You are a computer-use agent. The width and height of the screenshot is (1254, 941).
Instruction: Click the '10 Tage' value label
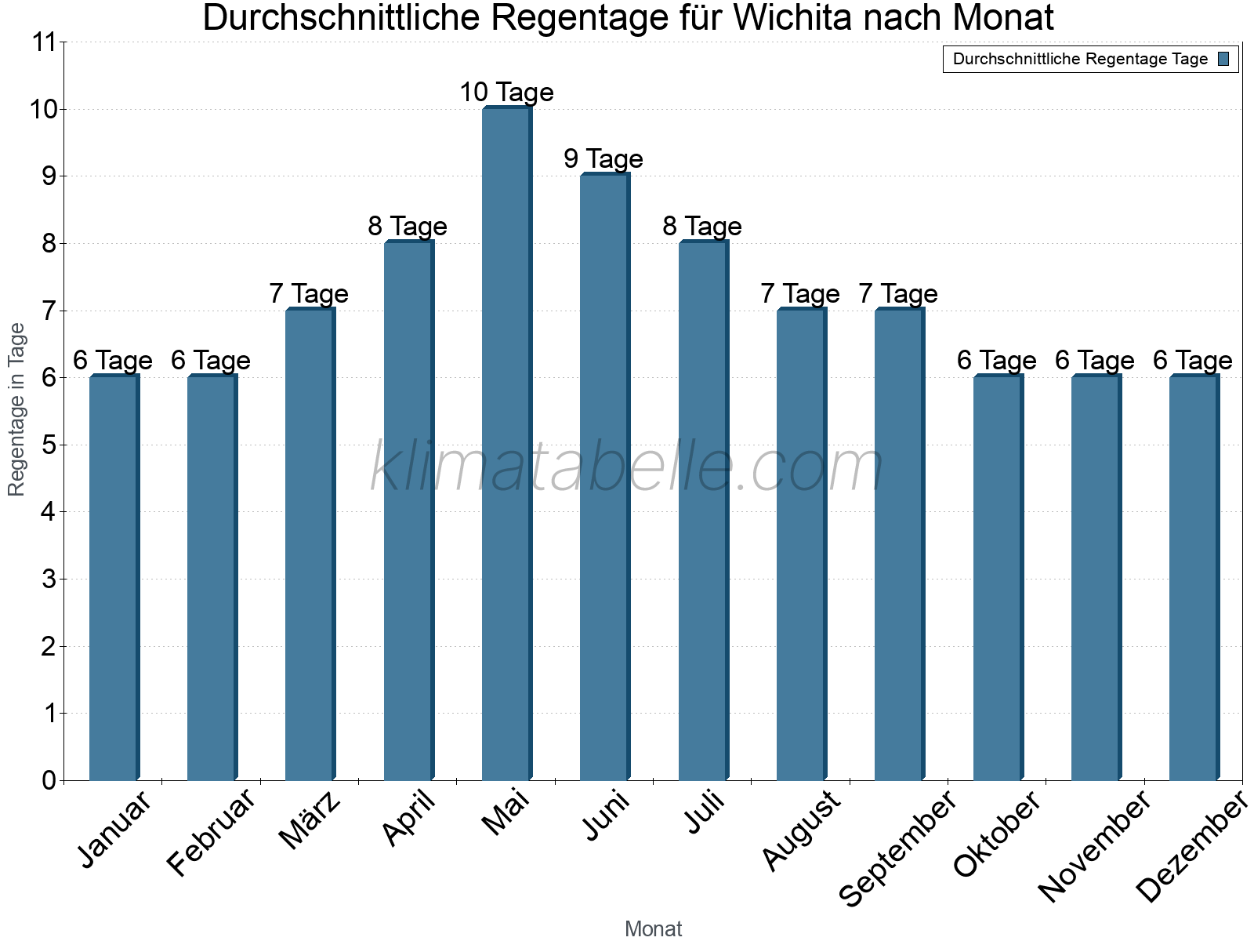pyautogui.click(x=506, y=93)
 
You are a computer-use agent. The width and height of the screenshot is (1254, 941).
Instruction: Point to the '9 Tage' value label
pyautogui.click(x=603, y=159)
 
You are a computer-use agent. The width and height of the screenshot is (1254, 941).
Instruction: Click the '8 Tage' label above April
pyautogui.click(x=408, y=227)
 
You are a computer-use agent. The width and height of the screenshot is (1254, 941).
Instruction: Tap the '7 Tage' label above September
pyautogui.click(x=898, y=294)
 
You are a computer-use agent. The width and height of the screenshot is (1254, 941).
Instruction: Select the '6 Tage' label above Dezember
pyautogui.click(x=1193, y=361)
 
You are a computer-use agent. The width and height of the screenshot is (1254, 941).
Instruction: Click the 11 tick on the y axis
pyautogui.click(x=45, y=43)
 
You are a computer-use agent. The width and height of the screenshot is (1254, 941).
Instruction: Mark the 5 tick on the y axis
pyautogui.click(x=49, y=445)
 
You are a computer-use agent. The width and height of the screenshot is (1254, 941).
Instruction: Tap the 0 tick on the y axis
pyautogui.click(x=49, y=781)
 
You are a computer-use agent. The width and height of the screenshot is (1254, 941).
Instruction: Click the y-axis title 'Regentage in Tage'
pyautogui.click(x=16, y=409)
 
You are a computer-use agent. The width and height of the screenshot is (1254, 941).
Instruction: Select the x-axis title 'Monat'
pyautogui.click(x=653, y=929)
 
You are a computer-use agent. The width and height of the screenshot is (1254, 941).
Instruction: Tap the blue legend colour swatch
pyautogui.click(x=1224, y=59)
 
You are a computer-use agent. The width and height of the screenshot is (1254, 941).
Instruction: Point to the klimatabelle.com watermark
pyautogui.click(x=627, y=467)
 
